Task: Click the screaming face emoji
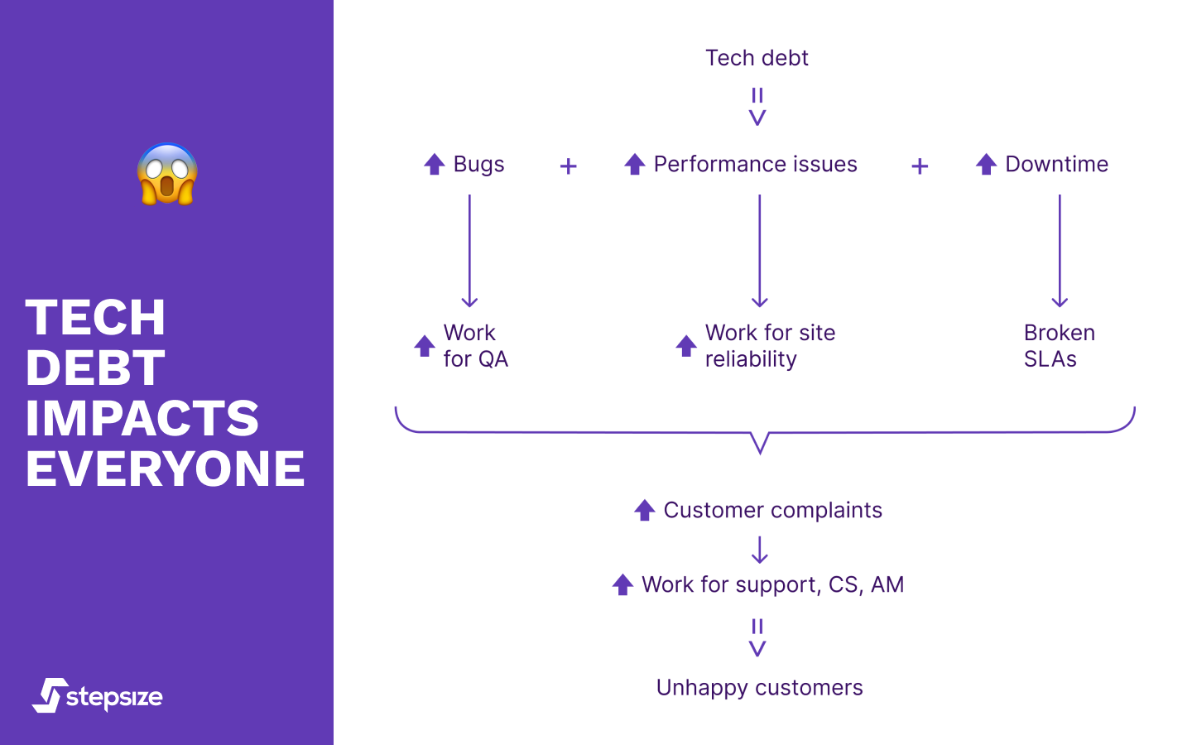coord(167,174)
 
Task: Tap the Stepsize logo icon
coord(51,695)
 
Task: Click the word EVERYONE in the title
coord(165,469)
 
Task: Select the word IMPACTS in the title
coord(142,418)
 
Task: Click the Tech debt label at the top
coord(757,58)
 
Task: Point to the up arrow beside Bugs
coord(435,164)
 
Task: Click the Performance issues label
coord(755,164)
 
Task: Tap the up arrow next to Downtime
coord(986,164)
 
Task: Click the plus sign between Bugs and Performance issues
coord(568,166)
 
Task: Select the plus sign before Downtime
coord(920,166)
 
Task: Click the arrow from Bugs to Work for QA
coord(469,251)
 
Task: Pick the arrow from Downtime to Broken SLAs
coord(1060,251)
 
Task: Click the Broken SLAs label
coord(1059,346)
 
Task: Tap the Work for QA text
coord(475,346)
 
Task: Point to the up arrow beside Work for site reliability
coord(686,346)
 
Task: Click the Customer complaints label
coord(772,510)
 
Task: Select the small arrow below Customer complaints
coord(760,550)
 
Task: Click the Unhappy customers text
coord(759,687)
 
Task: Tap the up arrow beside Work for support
coord(622,584)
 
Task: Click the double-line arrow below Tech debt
coord(757,107)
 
